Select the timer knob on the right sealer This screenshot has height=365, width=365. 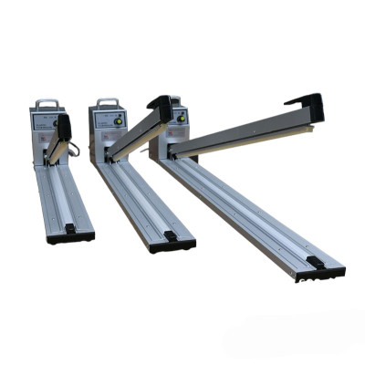182,117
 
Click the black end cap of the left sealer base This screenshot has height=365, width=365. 71,235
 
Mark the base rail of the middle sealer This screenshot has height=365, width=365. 137,196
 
